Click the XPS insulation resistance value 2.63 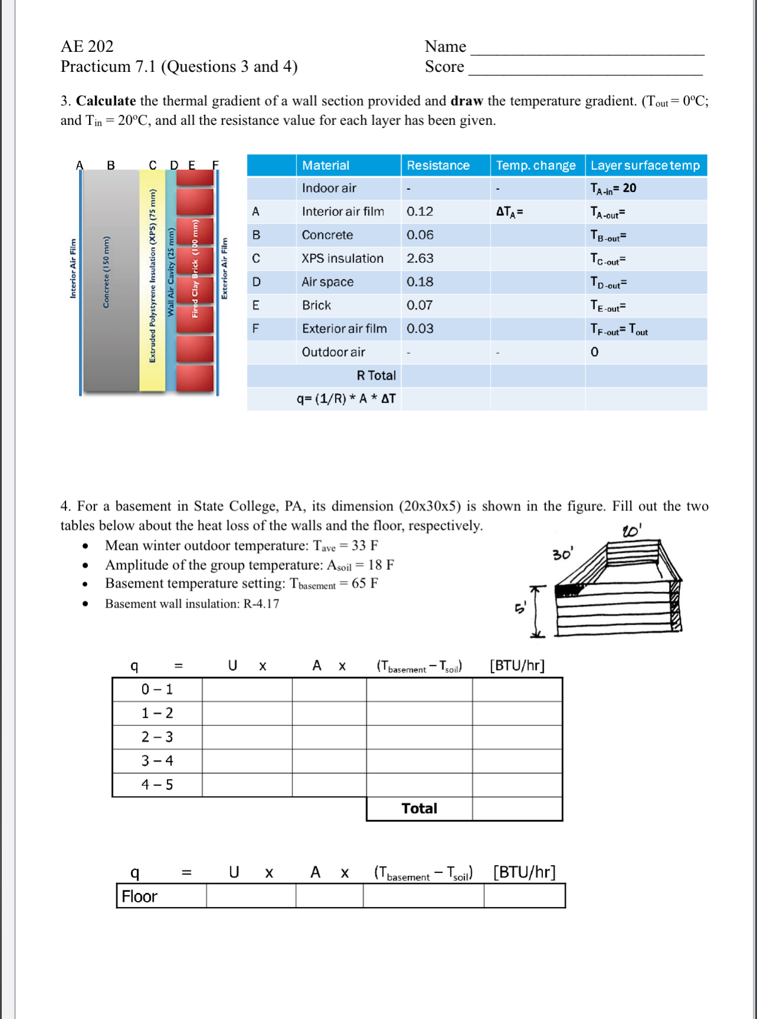420,258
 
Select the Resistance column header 437,166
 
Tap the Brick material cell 317,305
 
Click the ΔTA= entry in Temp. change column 510,212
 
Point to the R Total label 376,375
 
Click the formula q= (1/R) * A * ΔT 346,399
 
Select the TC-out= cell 608,259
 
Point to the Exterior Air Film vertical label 224,268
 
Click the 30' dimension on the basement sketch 562,554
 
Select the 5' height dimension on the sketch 520,607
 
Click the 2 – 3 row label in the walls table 157,737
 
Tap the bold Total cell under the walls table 419,809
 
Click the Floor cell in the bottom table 140,896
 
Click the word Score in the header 445,67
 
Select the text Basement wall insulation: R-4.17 192,604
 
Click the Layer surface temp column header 645,166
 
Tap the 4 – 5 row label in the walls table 157,785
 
